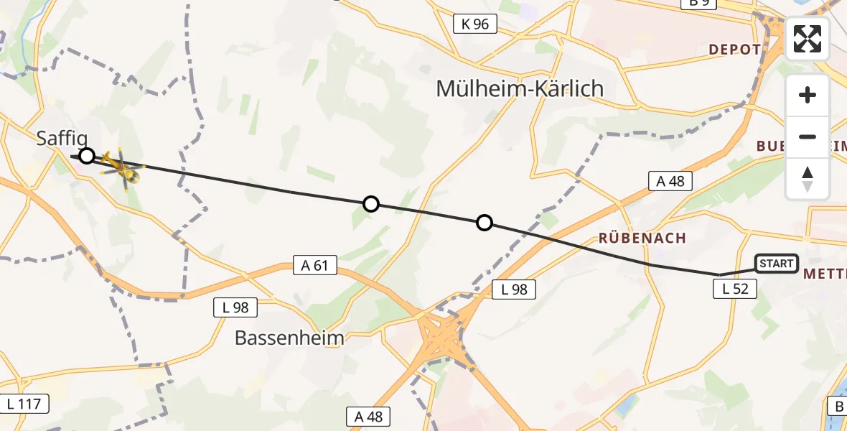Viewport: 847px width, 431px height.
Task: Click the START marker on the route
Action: (776, 264)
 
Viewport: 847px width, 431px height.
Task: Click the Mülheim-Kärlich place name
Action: (520, 89)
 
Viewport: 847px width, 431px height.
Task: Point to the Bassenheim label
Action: (290, 338)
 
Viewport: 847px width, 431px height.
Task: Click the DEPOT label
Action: (734, 50)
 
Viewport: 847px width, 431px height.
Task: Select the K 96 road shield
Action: (475, 24)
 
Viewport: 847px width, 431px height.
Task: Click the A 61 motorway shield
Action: (315, 265)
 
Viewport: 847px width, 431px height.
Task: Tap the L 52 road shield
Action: (734, 289)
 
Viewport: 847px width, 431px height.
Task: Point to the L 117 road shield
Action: (25, 404)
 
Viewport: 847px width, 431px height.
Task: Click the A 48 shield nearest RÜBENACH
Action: (670, 181)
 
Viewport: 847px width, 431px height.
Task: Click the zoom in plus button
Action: (808, 95)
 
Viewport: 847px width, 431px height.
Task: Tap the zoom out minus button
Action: (808, 136)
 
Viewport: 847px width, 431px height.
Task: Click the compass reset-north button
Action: (808, 178)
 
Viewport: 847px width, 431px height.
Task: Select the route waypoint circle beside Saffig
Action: (86, 156)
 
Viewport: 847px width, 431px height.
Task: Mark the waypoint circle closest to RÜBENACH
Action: (485, 223)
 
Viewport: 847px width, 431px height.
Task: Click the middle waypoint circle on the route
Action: (370, 204)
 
